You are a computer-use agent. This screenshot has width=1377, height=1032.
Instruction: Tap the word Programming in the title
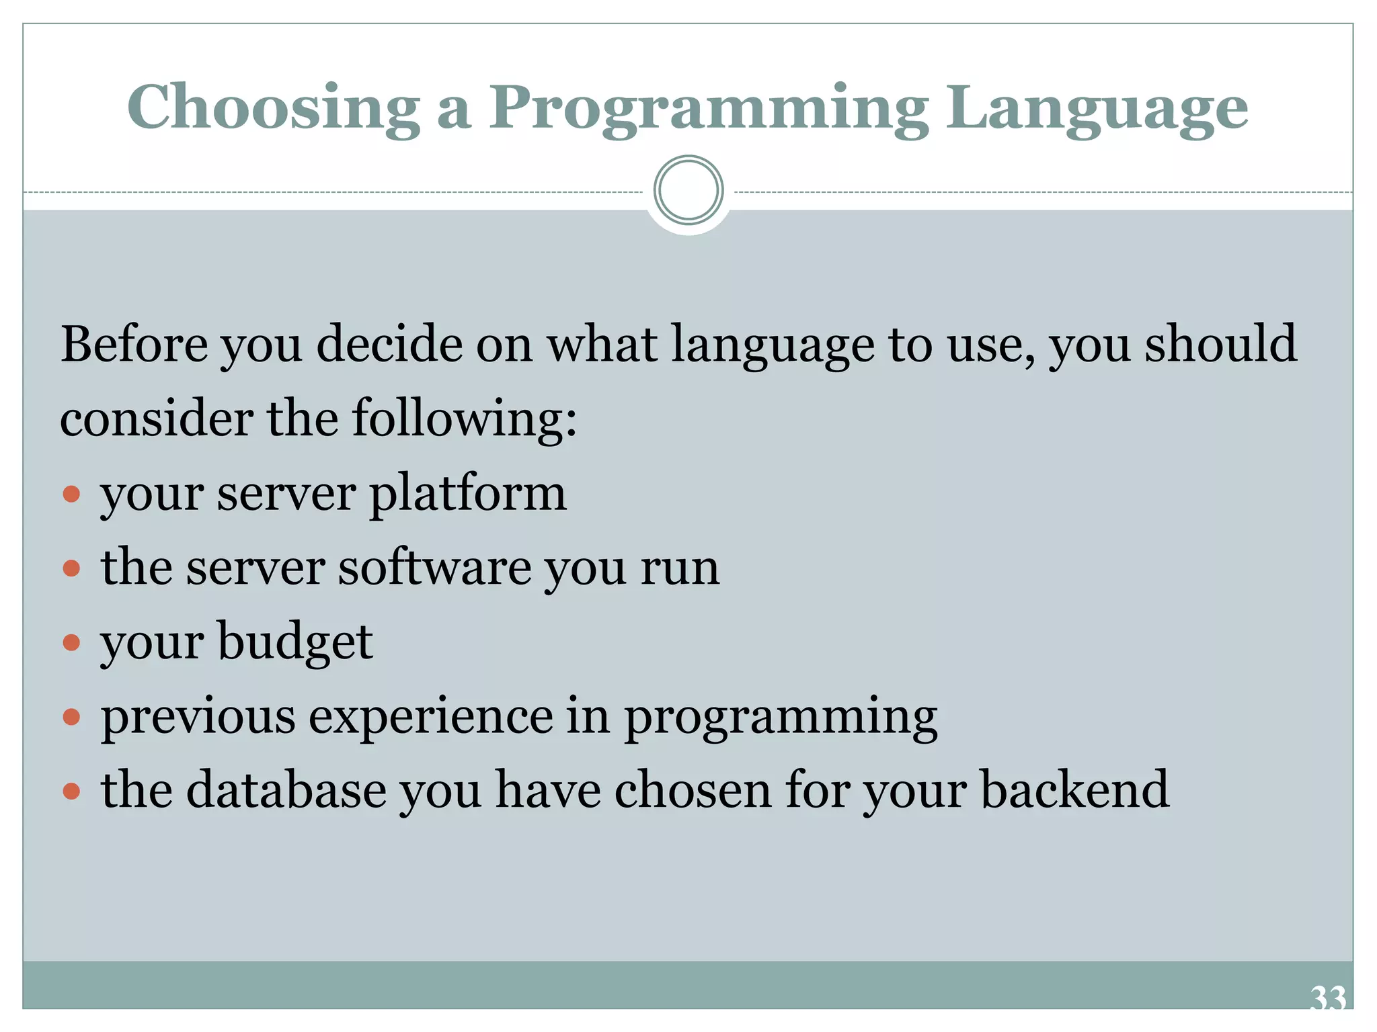point(709,109)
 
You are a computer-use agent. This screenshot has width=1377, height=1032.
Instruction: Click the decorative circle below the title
point(688,191)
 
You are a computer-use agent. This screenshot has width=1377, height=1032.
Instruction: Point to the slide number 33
point(1328,998)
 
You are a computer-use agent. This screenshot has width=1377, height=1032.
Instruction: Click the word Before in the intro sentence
point(134,345)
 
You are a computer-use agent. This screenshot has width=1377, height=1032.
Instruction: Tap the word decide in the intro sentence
point(390,345)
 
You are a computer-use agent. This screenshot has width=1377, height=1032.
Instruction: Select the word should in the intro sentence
point(1220,345)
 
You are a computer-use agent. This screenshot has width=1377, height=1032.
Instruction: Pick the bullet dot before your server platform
point(71,495)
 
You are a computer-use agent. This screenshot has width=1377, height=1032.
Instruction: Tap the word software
point(434,568)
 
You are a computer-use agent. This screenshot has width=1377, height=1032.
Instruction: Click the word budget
point(295,642)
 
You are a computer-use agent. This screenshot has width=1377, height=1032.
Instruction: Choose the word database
point(286,790)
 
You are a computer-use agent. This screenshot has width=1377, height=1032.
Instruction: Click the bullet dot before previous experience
point(71,718)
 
